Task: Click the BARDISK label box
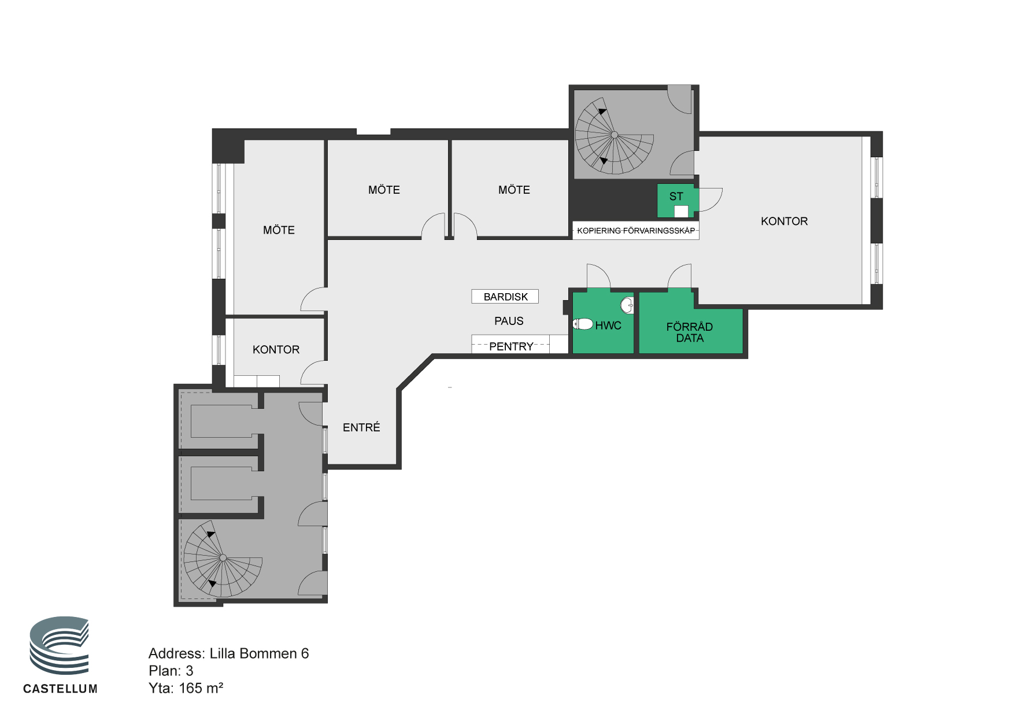[x=505, y=297]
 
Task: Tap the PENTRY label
[x=511, y=346]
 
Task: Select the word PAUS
[x=509, y=321]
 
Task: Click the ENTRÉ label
[x=361, y=427]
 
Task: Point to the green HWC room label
[x=608, y=326]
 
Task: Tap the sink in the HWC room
[x=627, y=305]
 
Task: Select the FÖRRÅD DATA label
[x=690, y=332]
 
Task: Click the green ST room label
[x=676, y=197]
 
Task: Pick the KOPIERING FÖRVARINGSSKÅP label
[x=636, y=231]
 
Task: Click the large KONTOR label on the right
[x=784, y=221]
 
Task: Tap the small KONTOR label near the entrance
[x=276, y=349]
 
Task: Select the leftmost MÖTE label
[x=279, y=230]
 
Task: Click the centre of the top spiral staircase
[x=615, y=135]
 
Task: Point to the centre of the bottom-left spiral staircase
[x=223, y=558]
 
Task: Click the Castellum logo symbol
[x=60, y=645]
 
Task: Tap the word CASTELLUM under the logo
[x=60, y=689]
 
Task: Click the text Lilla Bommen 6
[x=259, y=653]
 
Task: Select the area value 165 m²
[x=201, y=688]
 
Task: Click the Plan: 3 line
[x=171, y=671]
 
